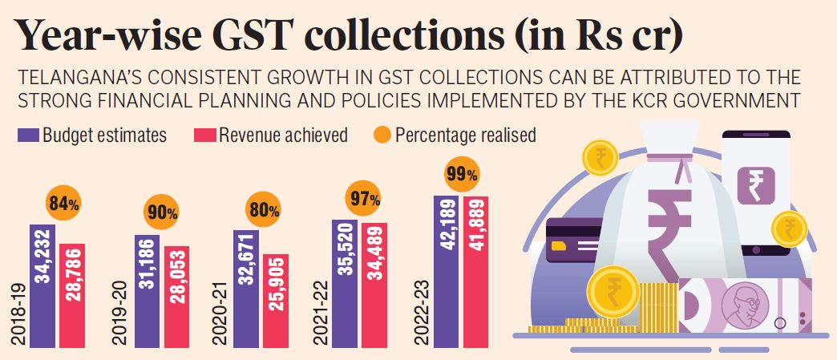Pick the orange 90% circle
(162, 212)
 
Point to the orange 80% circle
(265, 211)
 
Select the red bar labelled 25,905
(275, 300)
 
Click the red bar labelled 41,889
(475, 270)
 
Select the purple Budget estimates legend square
(28, 134)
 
